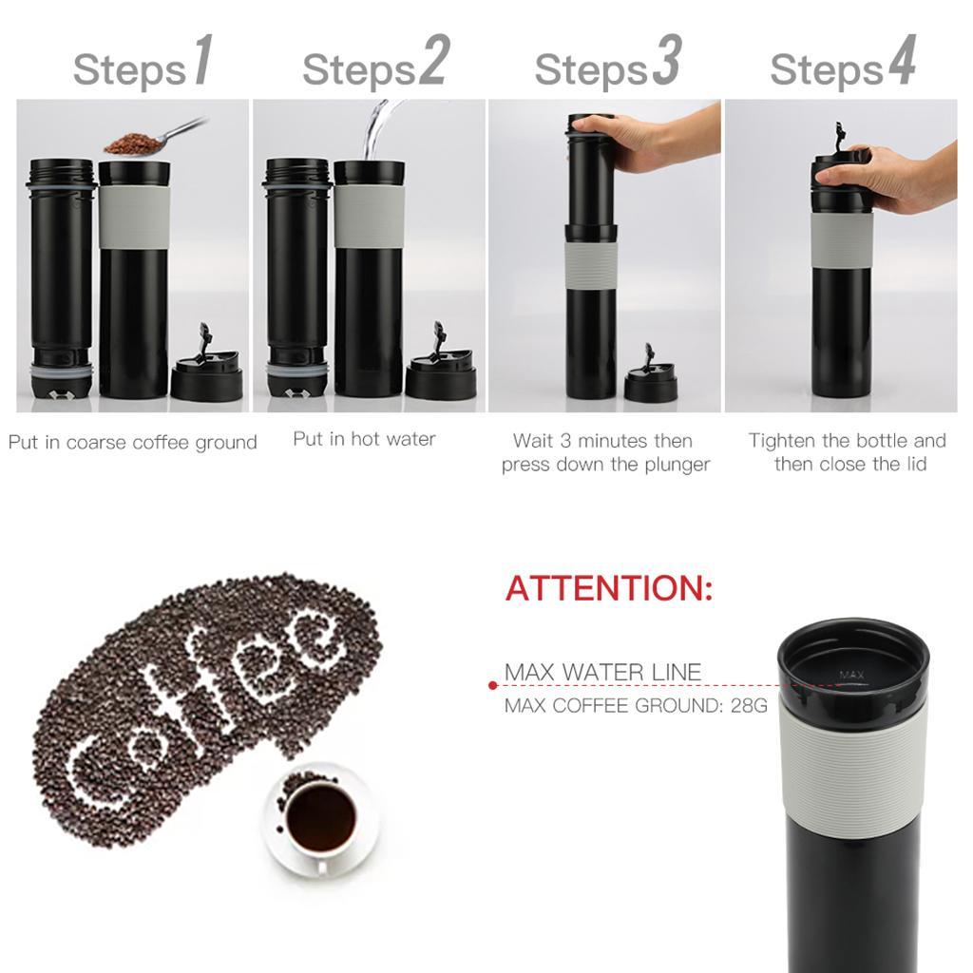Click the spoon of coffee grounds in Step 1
coord(138,143)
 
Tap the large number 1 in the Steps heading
coord(202,64)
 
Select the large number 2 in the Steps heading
coord(432,64)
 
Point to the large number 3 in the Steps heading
coord(667,64)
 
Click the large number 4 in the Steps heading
coord(901,64)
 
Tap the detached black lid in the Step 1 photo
coord(206,374)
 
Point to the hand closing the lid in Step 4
coord(898,176)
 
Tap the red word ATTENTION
coord(608,588)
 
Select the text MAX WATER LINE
coord(602,673)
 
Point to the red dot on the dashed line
coord(492,684)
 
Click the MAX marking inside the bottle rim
coord(851,676)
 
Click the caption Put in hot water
coord(364,439)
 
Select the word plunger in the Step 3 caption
coord(674,465)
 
